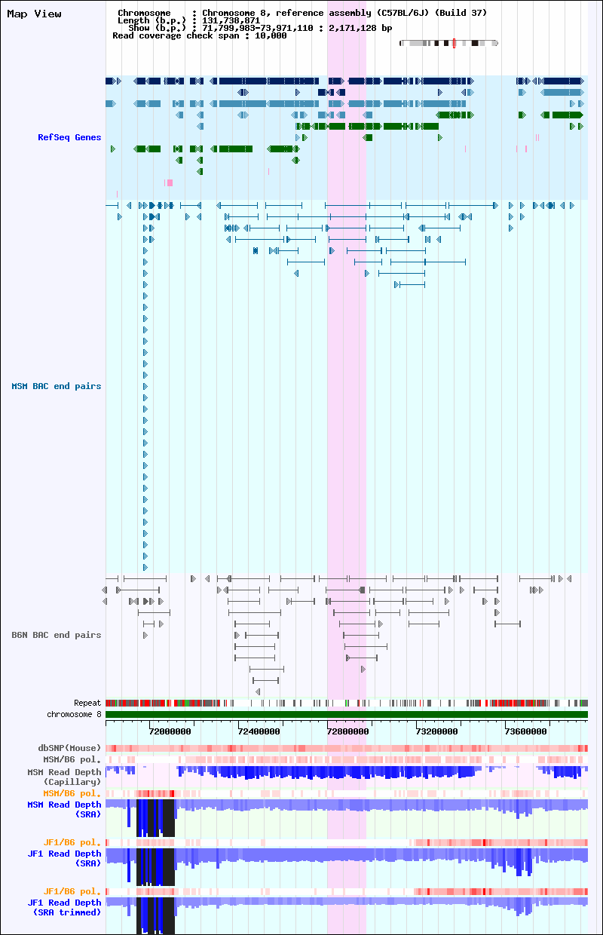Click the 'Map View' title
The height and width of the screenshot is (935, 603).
(34, 14)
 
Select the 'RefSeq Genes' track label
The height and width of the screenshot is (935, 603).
(69, 137)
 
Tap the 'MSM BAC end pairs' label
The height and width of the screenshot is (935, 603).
(57, 386)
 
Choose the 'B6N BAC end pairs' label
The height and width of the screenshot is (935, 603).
(57, 635)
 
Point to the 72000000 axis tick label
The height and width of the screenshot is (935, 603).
(170, 731)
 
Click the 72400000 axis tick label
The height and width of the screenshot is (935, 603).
(259, 731)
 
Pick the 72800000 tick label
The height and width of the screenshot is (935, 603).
(347, 731)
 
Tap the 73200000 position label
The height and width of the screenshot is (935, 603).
(436, 731)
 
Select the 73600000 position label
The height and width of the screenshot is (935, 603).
(525, 731)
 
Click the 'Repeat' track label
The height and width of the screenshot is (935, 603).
(87, 703)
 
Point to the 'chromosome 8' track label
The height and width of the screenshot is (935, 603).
(74, 714)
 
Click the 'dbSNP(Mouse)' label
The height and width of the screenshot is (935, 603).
(69, 748)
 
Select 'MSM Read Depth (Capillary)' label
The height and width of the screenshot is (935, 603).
(64, 777)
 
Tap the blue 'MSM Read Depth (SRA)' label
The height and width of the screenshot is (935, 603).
(64, 809)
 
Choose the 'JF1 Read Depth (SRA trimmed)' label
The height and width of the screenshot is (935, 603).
(64, 907)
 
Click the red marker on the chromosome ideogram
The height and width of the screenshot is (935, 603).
(454, 44)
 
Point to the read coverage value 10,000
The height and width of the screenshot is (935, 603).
(271, 36)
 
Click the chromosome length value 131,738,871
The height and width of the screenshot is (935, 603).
(231, 20)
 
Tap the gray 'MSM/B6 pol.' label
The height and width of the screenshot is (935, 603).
(72, 759)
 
